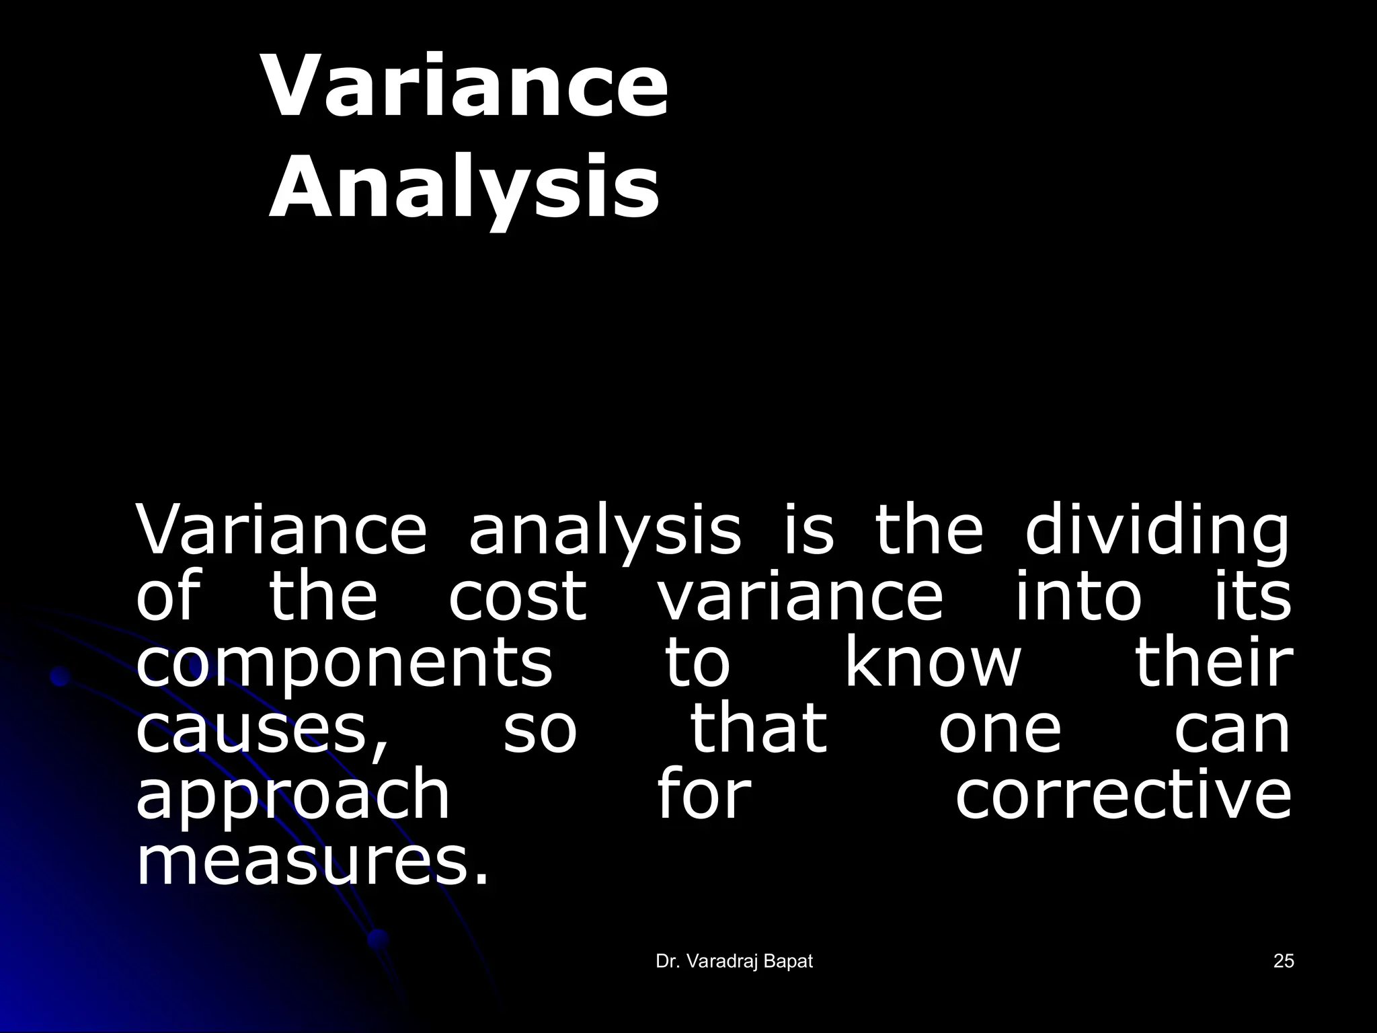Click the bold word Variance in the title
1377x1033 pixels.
[x=466, y=87]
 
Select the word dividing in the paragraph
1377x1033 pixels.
[x=1156, y=533]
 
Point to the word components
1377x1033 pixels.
[x=344, y=663]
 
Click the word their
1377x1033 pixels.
[x=1213, y=662]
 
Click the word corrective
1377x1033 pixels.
[x=1123, y=794]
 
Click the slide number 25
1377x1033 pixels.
[x=1283, y=962]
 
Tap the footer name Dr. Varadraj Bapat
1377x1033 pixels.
[x=734, y=962]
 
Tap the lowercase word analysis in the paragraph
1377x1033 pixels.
[x=604, y=533]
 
